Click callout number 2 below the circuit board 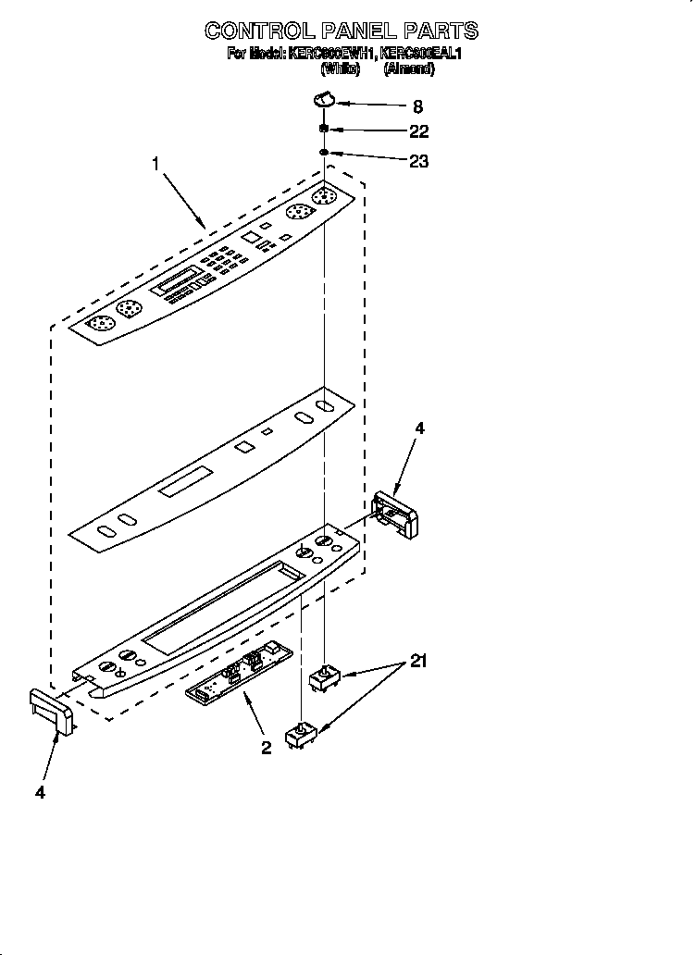click(266, 748)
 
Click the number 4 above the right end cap click(419, 428)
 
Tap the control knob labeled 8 click(324, 98)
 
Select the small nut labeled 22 click(324, 129)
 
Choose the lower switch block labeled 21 click(301, 736)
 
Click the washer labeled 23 click(324, 151)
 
